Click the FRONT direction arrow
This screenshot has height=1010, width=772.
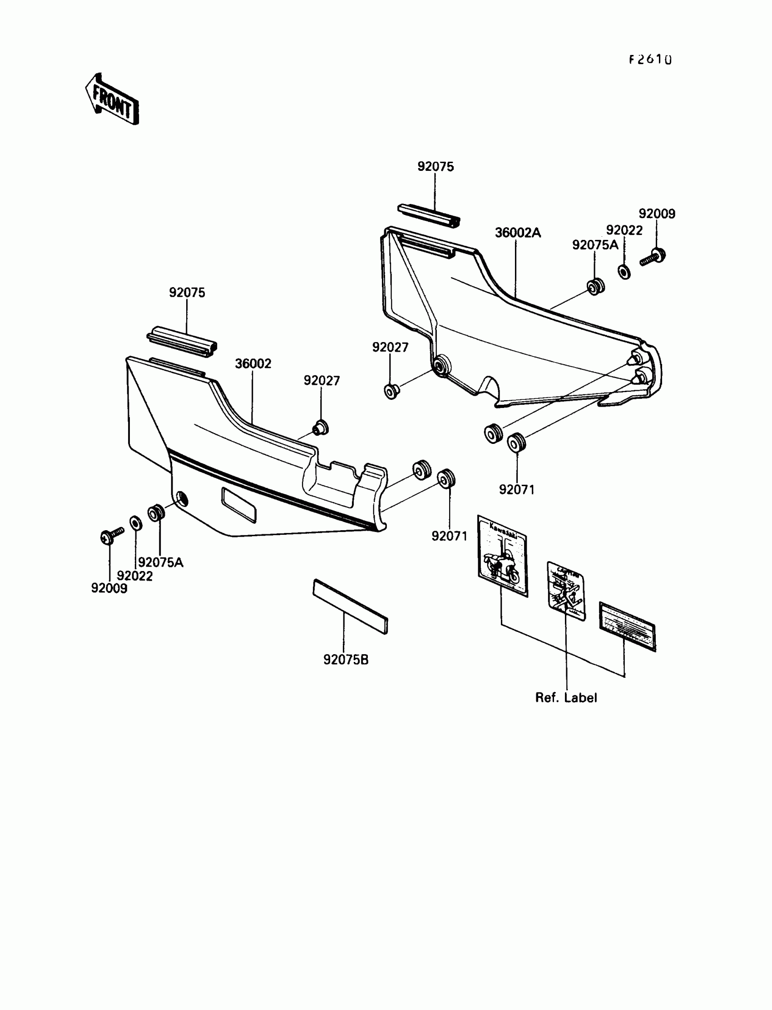click(112, 100)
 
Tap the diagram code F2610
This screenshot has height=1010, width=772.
click(650, 60)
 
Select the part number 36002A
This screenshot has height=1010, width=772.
click(518, 233)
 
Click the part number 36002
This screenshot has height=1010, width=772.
click(253, 363)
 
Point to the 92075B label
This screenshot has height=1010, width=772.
click(346, 660)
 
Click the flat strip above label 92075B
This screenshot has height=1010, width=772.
click(350, 607)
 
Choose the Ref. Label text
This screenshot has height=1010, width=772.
click(566, 697)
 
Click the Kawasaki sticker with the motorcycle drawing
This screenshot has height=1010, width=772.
click(502, 556)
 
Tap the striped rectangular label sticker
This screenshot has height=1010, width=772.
click(627, 627)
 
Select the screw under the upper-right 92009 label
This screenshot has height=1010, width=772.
click(653, 257)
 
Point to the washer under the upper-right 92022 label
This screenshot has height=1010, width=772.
click(624, 272)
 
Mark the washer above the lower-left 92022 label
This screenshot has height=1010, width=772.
click(136, 523)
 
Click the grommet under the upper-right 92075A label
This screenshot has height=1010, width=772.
click(595, 287)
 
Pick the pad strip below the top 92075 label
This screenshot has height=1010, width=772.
click(428, 215)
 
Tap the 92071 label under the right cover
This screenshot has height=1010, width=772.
click(517, 490)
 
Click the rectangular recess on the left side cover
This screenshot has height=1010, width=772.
click(239, 505)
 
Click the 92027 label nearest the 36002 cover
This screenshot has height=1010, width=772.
click(322, 381)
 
